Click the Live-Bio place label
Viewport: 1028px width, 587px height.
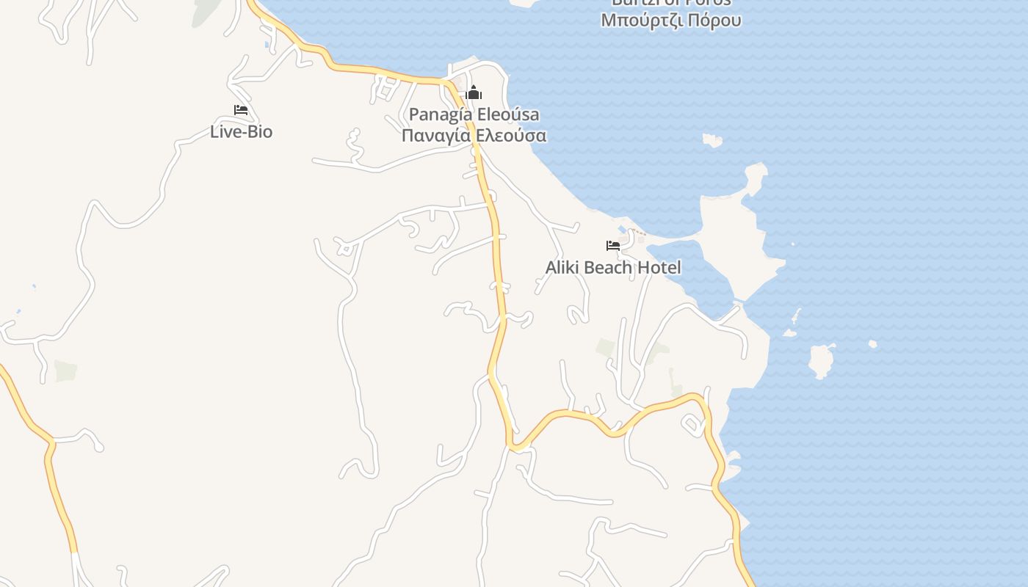(241, 132)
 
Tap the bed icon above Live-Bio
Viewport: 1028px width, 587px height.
(240, 110)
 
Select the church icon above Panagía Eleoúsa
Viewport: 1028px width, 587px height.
(474, 92)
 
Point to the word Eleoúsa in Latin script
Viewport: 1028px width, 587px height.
(508, 114)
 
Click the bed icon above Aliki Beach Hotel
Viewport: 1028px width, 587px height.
(613, 246)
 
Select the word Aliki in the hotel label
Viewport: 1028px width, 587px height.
(562, 268)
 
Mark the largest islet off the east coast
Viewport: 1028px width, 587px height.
(821, 361)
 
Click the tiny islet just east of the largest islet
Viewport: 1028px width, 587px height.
(872, 344)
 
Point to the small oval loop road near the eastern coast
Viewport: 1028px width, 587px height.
(692, 423)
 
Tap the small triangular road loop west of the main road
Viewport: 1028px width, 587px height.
(344, 249)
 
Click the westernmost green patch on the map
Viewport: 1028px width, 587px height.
(65, 371)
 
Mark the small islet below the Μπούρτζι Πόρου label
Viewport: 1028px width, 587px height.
(712, 139)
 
